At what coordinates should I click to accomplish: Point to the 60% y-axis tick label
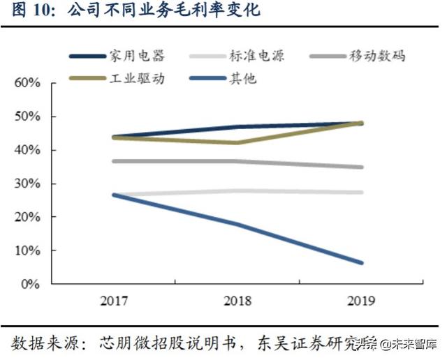pos(27,83)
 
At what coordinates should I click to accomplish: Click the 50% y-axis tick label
pos(27,117)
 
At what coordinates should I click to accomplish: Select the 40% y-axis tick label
pos(27,150)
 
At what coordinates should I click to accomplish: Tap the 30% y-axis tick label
pos(27,183)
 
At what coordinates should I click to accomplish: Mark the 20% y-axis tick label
pos(27,217)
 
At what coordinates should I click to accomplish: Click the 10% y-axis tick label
pos(27,250)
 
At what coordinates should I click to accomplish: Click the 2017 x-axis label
pos(113,301)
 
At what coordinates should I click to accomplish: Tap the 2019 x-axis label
pos(360,301)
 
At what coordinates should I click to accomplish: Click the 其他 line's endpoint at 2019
pos(360,263)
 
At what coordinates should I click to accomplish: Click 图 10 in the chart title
pos(32,12)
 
